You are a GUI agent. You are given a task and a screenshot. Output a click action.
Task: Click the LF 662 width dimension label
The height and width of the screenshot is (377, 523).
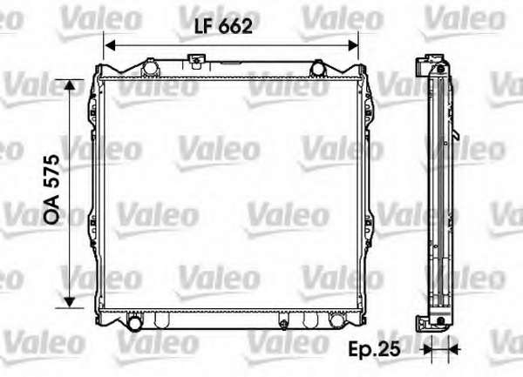[223, 26]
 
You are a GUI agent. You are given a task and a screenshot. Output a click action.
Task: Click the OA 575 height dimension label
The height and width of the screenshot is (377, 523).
[52, 189]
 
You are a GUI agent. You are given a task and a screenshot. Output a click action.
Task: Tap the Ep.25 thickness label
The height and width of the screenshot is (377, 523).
[374, 349]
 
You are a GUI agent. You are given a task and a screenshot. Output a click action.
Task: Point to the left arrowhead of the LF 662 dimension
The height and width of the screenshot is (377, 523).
[110, 45]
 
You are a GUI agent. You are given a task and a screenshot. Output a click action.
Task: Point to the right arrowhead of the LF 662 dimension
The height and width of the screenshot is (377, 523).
[353, 45]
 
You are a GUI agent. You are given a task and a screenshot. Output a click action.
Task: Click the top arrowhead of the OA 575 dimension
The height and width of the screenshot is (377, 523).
[69, 85]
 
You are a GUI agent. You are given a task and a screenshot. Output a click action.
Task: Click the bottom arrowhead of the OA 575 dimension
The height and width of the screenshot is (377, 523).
[69, 302]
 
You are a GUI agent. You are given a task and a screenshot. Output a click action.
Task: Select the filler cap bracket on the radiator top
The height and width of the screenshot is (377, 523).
[196, 61]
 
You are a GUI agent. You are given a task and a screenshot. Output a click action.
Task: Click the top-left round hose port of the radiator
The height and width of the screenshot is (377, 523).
[149, 69]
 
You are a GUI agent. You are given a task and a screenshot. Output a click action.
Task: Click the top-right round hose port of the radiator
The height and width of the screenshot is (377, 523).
[317, 68]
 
